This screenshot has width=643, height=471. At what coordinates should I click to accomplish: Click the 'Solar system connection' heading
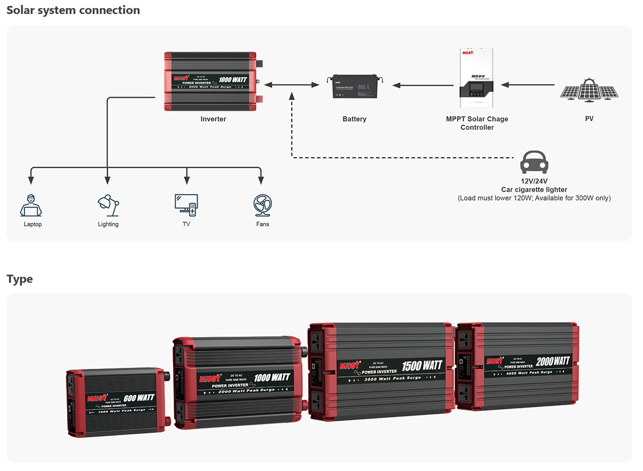73,10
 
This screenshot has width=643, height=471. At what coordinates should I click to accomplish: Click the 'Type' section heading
19,279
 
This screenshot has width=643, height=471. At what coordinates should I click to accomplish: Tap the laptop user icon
31,205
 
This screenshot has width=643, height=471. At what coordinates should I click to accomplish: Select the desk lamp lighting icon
108,205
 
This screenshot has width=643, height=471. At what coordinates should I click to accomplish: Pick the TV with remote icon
186,205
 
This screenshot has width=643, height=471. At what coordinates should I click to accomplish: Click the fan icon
263,205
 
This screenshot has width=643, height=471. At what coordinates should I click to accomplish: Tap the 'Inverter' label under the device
213,119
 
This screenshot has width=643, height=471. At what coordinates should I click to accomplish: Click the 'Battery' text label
354,119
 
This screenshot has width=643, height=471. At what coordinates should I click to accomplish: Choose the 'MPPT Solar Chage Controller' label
477,123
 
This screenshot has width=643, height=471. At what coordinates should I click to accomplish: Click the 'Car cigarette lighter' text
534,189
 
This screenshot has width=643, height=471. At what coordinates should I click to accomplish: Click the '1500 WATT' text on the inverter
422,366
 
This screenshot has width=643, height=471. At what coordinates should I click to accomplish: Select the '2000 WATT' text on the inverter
552,361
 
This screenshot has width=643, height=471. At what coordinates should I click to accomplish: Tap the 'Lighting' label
108,224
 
